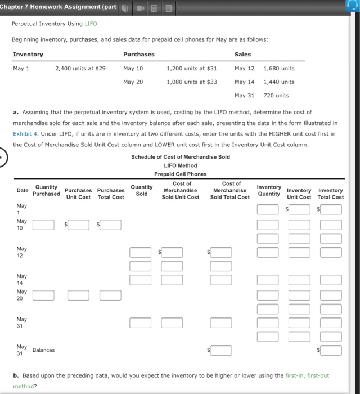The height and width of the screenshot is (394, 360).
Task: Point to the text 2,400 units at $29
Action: pyautogui.click(x=80, y=68)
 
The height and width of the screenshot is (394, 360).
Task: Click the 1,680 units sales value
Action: pyautogui.click(x=278, y=68)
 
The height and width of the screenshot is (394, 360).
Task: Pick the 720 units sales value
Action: pyautogui.click(x=276, y=95)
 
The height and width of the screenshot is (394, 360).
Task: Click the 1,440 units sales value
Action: pyautogui.click(x=278, y=82)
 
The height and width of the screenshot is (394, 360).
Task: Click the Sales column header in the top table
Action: pyautogui.click(x=243, y=54)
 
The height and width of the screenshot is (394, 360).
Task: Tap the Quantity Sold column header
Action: pyautogui.click(x=141, y=190)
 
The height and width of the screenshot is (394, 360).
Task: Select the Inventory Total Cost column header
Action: pyautogui.click(x=330, y=194)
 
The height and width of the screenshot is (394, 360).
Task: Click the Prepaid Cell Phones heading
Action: pyautogui.click(x=180, y=174)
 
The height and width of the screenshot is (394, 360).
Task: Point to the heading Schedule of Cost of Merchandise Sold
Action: pyautogui.click(x=180, y=157)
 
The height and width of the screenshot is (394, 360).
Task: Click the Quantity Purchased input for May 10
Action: pyautogui.click(x=43, y=225)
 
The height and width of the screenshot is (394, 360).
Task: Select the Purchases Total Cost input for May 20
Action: pyautogui.click(x=110, y=295)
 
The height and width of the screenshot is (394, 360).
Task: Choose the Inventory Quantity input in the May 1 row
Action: pyautogui.click(x=268, y=209)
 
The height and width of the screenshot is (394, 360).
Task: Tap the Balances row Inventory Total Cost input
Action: pyautogui.click(x=331, y=350)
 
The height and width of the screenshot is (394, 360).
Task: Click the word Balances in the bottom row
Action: pyautogui.click(x=44, y=350)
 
